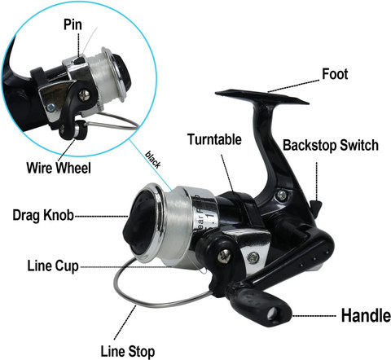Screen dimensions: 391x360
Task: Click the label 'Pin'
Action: tap(72, 24)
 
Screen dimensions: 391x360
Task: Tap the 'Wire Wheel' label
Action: tap(59, 168)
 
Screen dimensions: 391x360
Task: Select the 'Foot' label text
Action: tap(335, 74)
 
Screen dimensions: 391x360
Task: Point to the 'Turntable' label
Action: tap(214, 139)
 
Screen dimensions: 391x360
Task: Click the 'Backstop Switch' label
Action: tap(331, 145)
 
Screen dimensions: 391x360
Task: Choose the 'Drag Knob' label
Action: tap(43, 215)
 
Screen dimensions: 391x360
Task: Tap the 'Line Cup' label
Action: tap(53, 266)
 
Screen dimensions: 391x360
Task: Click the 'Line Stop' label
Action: tap(128, 351)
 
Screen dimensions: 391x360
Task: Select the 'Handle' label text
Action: tap(366, 315)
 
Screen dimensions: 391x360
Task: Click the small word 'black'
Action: tap(153, 159)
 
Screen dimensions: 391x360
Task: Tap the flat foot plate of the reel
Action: tap(262, 97)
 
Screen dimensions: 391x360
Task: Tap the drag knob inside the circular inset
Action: tap(122, 72)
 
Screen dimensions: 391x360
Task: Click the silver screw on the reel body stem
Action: tap(283, 195)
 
